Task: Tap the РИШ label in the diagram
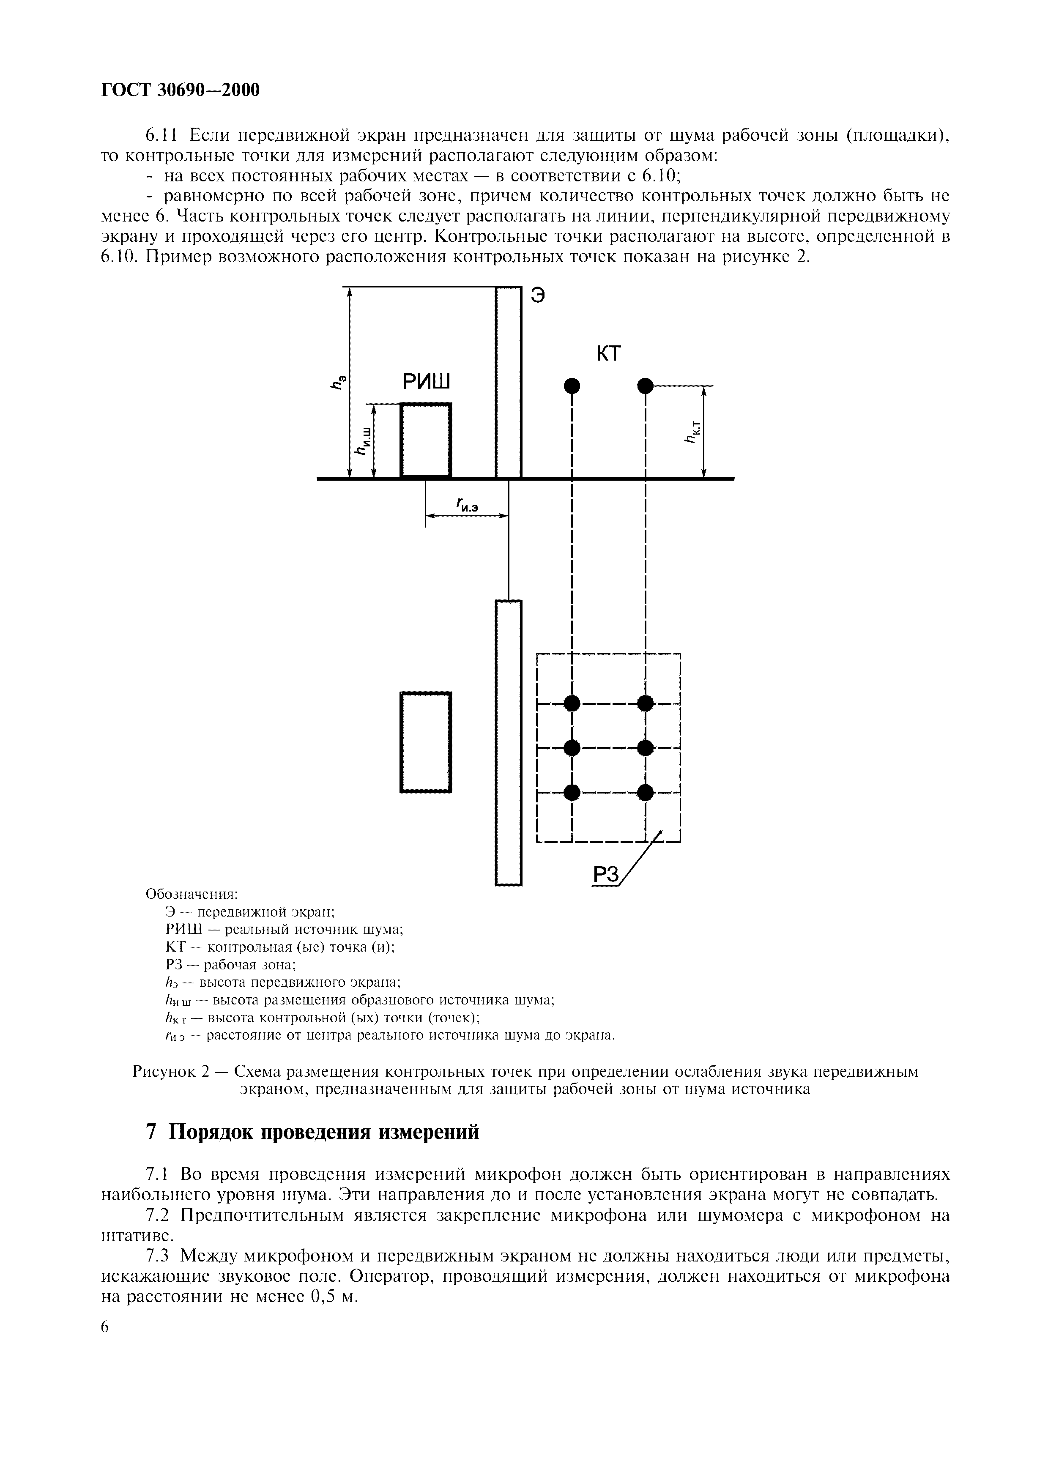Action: point(426,383)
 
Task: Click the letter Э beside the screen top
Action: point(538,295)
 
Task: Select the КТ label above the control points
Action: point(607,354)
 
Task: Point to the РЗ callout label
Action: point(605,875)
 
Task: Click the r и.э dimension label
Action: point(467,506)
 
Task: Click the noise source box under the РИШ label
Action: point(426,439)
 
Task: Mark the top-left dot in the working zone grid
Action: point(572,703)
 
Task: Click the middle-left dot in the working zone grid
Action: point(572,748)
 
